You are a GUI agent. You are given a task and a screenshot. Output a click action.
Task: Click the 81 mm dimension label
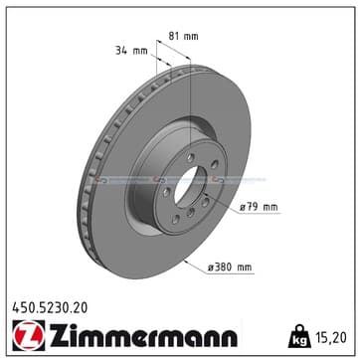(x=183, y=36)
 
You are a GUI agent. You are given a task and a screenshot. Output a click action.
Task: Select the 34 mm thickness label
(x=131, y=51)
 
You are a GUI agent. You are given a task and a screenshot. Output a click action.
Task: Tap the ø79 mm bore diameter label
(x=259, y=208)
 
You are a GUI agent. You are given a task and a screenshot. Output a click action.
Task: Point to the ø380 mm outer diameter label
(x=230, y=267)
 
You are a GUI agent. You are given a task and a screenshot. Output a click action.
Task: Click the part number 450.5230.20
(x=50, y=308)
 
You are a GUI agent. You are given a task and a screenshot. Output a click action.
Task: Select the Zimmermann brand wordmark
(x=143, y=335)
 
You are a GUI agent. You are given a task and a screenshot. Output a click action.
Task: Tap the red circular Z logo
(x=29, y=335)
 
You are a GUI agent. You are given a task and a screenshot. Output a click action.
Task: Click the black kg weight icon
(x=299, y=336)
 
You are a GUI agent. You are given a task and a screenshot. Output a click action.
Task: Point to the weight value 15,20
(x=330, y=337)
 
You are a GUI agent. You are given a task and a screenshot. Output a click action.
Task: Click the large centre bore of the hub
(x=187, y=187)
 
